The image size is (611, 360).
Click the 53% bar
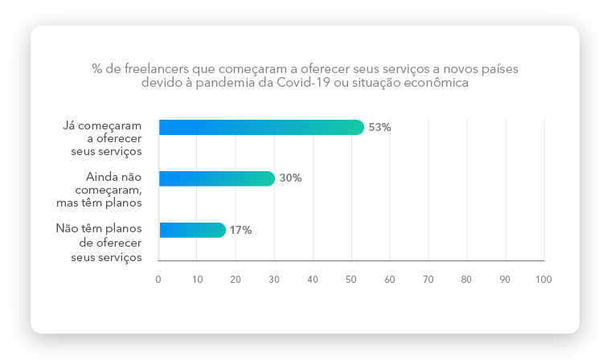pyautogui.click(x=261, y=127)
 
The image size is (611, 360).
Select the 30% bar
pyautogui.click(x=217, y=178)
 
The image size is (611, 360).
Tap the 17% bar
pyautogui.click(x=192, y=230)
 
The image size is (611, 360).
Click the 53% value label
pyautogui.click(x=379, y=127)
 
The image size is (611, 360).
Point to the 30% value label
pyautogui.click(x=290, y=178)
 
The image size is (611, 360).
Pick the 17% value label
pyautogui.click(x=240, y=230)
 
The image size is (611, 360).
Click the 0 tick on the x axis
pyautogui.click(x=158, y=279)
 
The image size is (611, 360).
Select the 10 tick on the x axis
pyautogui.click(x=197, y=279)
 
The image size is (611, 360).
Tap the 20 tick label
pyautogui.click(x=236, y=279)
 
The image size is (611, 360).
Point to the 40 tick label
pyautogui.click(x=313, y=279)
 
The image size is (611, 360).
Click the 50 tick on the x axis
pyautogui.click(x=351, y=279)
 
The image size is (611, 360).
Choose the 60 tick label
pyautogui.click(x=390, y=279)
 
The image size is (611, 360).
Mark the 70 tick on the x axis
pyautogui.click(x=429, y=279)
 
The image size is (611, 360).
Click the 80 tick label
pyautogui.click(x=467, y=279)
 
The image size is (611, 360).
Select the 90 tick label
pyautogui.click(x=506, y=279)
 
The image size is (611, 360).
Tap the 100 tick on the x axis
pyautogui.click(x=543, y=279)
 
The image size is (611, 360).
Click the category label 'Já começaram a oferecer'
pyautogui.click(x=102, y=138)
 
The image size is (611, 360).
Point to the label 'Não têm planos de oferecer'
pyautogui.click(x=99, y=242)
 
